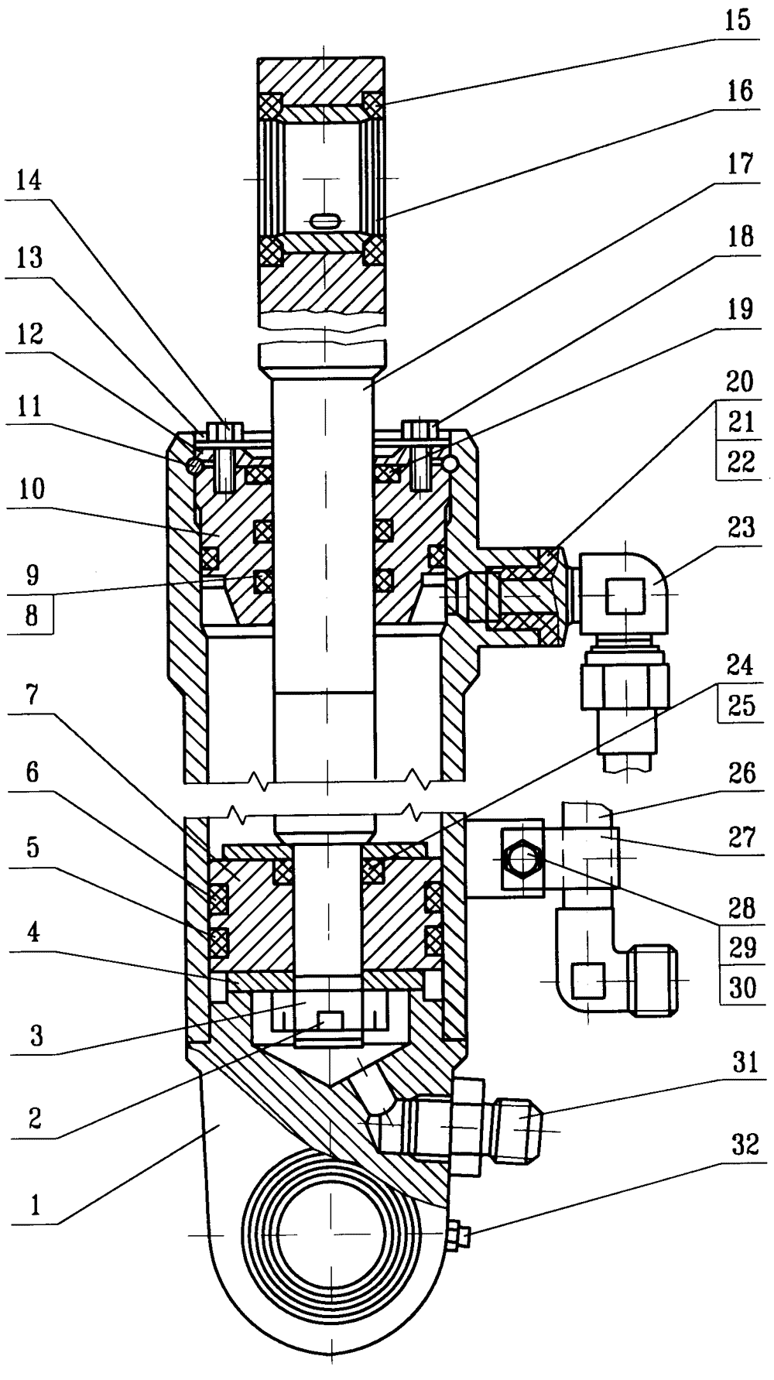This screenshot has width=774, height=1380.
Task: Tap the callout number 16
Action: click(x=740, y=91)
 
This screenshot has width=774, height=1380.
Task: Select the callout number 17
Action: click(x=740, y=163)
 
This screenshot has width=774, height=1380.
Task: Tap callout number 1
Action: click(x=33, y=1205)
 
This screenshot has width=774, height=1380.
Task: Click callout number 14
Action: click(x=29, y=183)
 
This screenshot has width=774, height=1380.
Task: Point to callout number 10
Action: click(x=29, y=489)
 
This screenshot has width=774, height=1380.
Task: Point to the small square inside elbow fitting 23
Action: click(x=624, y=595)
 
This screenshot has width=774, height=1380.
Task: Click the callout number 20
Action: click(x=740, y=382)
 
